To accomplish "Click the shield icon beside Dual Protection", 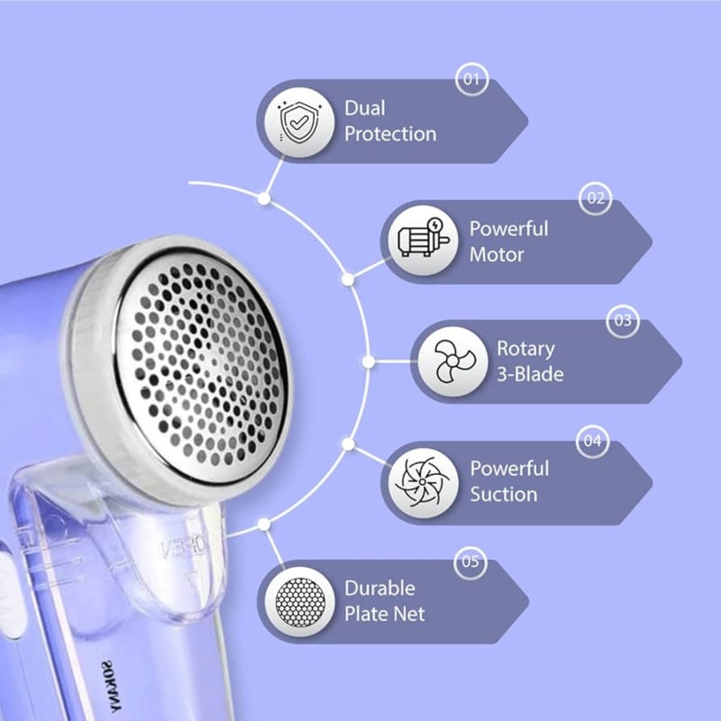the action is pos(299,122).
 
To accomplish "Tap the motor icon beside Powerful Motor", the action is pos(423,240).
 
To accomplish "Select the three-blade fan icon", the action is pos(453,361).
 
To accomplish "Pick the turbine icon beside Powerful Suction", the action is pos(423,482).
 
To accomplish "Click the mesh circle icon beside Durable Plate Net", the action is pos(300,602).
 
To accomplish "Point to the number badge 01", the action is pos(471,79).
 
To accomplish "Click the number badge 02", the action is pos(596,198).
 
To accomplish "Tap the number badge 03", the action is pos(623,320).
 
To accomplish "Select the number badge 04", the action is pos(592,441).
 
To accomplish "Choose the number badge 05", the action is pos(470,561).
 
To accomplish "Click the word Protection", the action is pos(390,134).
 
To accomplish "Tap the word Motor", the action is pos(497,255).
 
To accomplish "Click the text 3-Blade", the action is pos(530,374).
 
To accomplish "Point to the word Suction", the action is pos(504,495).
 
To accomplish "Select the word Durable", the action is pos(379,589).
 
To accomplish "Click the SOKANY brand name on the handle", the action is pos(112,688).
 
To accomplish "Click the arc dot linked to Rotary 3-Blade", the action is pos(369,362).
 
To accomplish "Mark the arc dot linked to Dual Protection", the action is pos(264,198).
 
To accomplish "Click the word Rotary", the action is pos(525,350).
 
